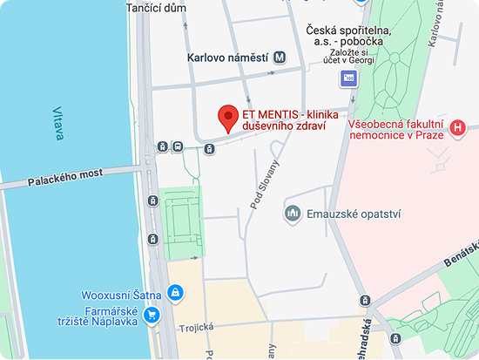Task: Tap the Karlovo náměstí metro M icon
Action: click(279, 58)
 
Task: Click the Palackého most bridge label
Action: click(64, 178)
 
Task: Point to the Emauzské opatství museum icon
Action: click(293, 213)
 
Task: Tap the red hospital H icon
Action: click(459, 129)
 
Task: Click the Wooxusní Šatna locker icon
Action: click(174, 291)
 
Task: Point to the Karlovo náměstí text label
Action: click(226, 58)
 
